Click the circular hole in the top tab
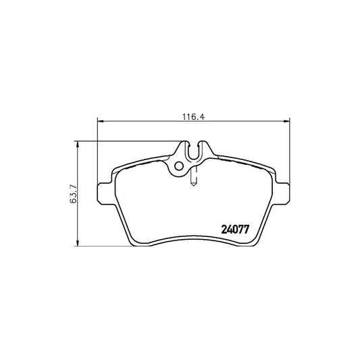click(x=178, y=167)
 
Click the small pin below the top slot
click(x=195, y=177)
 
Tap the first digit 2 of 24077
click(x=225, y=228)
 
